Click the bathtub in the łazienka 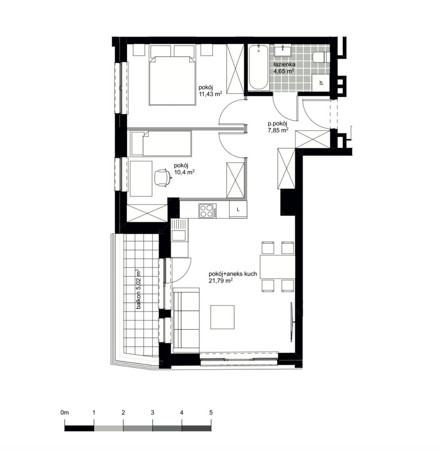(259, 67)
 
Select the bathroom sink (283, 51)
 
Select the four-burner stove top (207, 210)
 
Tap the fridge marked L (238, 209)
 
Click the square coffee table (222, 317)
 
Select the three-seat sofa (186, 320)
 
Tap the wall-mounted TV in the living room (292, 322)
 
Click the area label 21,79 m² (221, 281)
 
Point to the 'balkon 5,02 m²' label (139, 289)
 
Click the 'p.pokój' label (277, 124)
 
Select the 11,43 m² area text (210, 94)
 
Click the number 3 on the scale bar (153, 412)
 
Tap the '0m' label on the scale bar (65, 412)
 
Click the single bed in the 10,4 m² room (161, 144)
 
